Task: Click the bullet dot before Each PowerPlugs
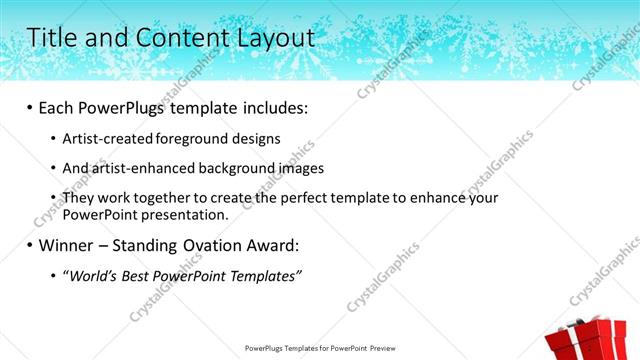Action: coord(30,106)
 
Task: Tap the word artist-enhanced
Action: coord(138,168)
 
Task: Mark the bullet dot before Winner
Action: coord(30,245)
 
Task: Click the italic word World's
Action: coord(91,276)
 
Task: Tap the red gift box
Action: coord(589,340)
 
